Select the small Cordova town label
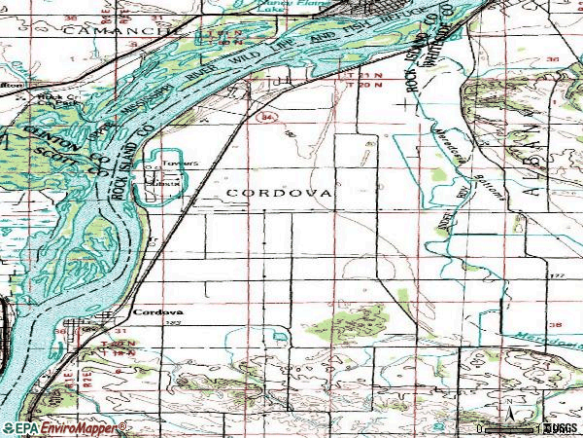click(x=151, y=312)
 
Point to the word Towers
click(x=173, y=164)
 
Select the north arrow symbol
click(x=507, y=404)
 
